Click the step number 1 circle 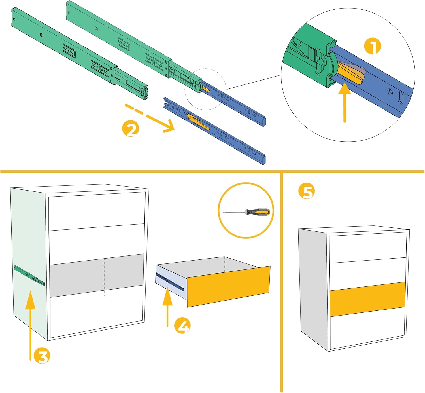(x=372, y=46)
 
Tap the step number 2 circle (x=130, y=129)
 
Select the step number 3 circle (x=42, y=356)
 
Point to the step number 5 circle (x=306, y=191)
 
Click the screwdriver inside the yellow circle (x=246, y=212)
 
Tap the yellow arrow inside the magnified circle (x=345, y=102)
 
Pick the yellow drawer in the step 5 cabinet (x=368, y=299)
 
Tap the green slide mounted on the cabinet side (x=29, y=275)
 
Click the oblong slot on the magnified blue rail (x=401, y=98)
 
